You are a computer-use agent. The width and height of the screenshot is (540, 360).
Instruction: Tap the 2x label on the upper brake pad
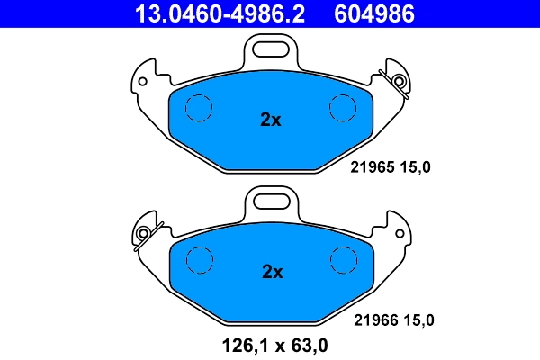coord(271,120)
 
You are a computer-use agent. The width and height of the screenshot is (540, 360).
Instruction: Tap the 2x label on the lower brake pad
coord(271,272)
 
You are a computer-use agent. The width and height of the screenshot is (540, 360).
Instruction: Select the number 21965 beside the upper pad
coord(370,166)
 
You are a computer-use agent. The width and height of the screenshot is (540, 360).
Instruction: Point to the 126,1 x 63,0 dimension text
coord(270,343)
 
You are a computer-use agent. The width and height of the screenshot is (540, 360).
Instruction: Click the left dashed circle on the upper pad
coord(198,108)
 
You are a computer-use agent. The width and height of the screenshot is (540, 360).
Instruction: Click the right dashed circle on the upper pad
coord(344,108)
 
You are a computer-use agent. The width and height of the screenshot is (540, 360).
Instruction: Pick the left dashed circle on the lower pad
coord(198,260)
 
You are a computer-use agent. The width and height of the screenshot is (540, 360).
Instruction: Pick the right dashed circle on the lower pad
coord(344,260)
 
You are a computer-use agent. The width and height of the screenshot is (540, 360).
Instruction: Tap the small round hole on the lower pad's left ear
coord(141,236)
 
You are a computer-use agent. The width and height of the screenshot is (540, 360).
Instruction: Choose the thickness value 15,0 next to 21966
coord(420,319)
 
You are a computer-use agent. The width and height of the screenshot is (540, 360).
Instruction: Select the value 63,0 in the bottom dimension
coord(308,343)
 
